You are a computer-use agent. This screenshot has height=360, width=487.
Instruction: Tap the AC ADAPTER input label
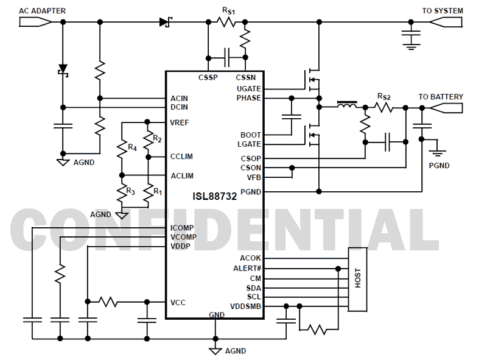pos(43,11)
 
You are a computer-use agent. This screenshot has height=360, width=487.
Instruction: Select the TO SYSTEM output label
pos(443,11)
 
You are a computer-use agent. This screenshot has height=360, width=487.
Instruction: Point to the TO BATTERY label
pos(440,97)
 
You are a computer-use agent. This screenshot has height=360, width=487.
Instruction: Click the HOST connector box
pos(357,280)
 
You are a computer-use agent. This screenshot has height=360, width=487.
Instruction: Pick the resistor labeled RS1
pos(227,22)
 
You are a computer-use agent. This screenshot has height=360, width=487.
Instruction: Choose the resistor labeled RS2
pos(384,108)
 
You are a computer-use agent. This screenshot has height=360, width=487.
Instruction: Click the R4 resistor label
pos(131,147)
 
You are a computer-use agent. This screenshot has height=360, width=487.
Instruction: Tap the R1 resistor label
pos(157,191)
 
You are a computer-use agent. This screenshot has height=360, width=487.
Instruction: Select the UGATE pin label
pos(249,88)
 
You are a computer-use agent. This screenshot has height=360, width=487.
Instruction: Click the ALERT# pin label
pos(247,268)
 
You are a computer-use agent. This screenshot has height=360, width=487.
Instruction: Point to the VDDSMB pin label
pos(245,306)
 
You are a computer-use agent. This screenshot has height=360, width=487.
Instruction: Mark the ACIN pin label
pos(180,98)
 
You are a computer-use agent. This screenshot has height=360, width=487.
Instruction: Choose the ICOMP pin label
pos(182,228)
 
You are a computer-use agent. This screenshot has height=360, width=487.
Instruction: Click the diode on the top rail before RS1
pos(164,22)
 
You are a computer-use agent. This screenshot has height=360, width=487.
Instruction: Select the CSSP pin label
pos(208,77)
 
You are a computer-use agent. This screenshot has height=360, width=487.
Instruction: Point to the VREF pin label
pos(180,122)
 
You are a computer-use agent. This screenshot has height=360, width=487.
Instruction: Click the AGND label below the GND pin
pos(236,351)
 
